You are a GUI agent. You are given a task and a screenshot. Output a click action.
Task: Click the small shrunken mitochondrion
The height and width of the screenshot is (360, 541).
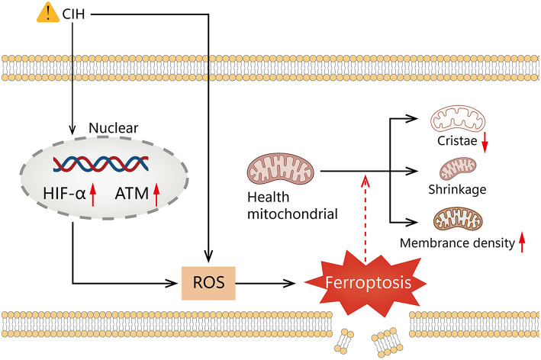458,168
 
